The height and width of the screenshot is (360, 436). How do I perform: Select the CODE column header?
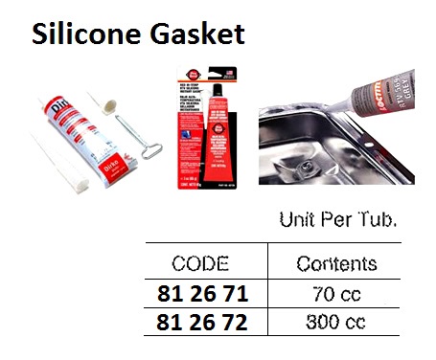click(197, 262)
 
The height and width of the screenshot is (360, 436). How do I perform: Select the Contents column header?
click(335, 263)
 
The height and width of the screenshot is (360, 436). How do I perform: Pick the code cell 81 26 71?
click(197, 295)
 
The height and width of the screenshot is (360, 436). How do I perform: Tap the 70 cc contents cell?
click(335, 295)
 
